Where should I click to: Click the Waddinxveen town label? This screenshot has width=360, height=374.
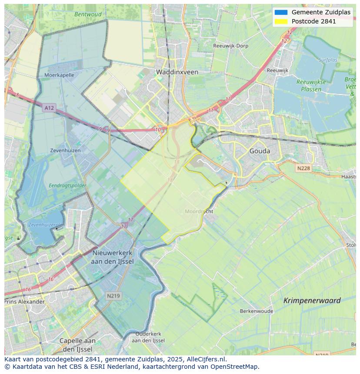[x=177, y=72]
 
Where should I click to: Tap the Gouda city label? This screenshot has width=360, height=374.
[x=260, y=151]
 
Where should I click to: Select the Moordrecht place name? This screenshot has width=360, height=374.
[x=199, y=212]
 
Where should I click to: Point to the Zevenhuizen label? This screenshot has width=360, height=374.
[x=65, y=150]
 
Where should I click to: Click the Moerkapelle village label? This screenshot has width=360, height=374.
[x=59, y=75]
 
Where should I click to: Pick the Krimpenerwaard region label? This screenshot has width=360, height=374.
[x=312, y=300]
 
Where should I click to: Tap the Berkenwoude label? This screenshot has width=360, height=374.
[x=257, y=311]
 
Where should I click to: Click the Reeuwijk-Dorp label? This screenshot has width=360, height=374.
[x=230, y=46]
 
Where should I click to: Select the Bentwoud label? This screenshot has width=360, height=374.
[x=88, y=14]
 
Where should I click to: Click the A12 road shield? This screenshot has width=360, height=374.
[x=49, y=108]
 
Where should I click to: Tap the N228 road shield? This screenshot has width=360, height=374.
[x=304, y=168]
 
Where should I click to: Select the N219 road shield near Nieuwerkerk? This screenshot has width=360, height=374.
[x=114, y=296]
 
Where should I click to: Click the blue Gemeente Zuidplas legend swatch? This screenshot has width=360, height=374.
[x=281, y=12]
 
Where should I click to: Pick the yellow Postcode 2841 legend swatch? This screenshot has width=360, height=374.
[x=281, y=21]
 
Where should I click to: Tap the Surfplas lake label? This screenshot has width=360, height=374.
[x=327, y=60]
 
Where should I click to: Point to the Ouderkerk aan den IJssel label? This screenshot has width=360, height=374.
[x=148, y=337]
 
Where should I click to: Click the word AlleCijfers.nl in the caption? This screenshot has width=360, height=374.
[x=206, y=359]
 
